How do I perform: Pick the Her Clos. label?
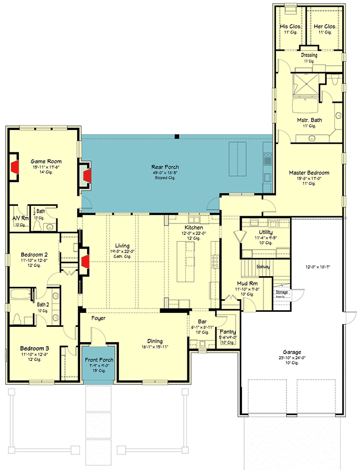tap(325, 26)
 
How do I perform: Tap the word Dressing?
tap(309, 55)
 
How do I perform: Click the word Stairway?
tap(263, 267)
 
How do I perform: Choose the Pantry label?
tap(228, 332)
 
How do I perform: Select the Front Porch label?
tap(99, 360)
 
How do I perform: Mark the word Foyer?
tap(99, 317)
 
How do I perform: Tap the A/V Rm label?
tap(19, 218)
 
